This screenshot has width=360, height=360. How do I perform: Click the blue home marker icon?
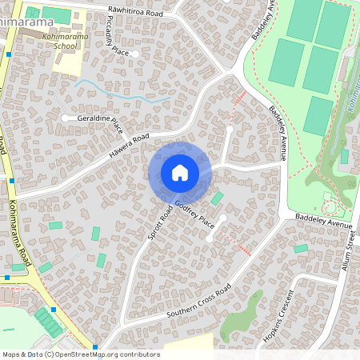tap(180, 173)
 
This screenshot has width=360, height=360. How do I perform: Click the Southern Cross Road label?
tap(198, 302)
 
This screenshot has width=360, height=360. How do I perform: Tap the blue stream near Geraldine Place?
tap(120, 94)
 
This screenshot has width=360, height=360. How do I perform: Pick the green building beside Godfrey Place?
tap(217, 198)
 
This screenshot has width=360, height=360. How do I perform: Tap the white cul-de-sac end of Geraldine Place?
tap(65, 118)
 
